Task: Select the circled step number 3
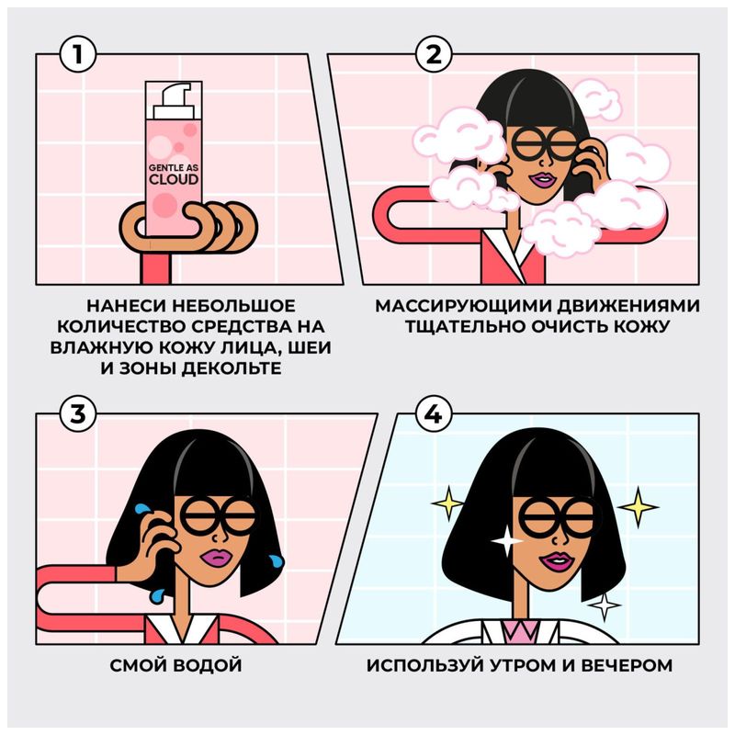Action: click(79, 414)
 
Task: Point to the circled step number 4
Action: click(429, 414)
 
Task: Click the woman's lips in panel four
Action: click(555, 561)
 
